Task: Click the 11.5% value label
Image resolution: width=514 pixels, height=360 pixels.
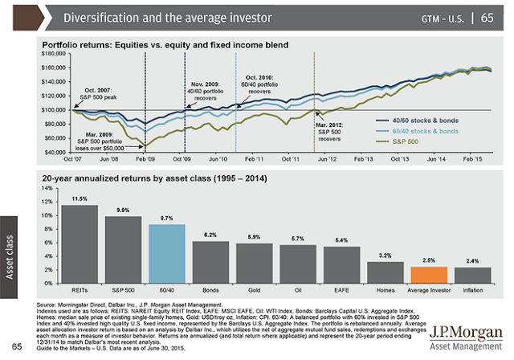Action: click(80, 198)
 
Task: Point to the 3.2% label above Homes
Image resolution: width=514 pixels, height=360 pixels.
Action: click(386, 256)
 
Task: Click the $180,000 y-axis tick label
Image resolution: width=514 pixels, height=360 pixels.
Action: click(53, 52)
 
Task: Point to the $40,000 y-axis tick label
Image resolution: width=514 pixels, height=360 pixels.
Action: click(55, 151)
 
